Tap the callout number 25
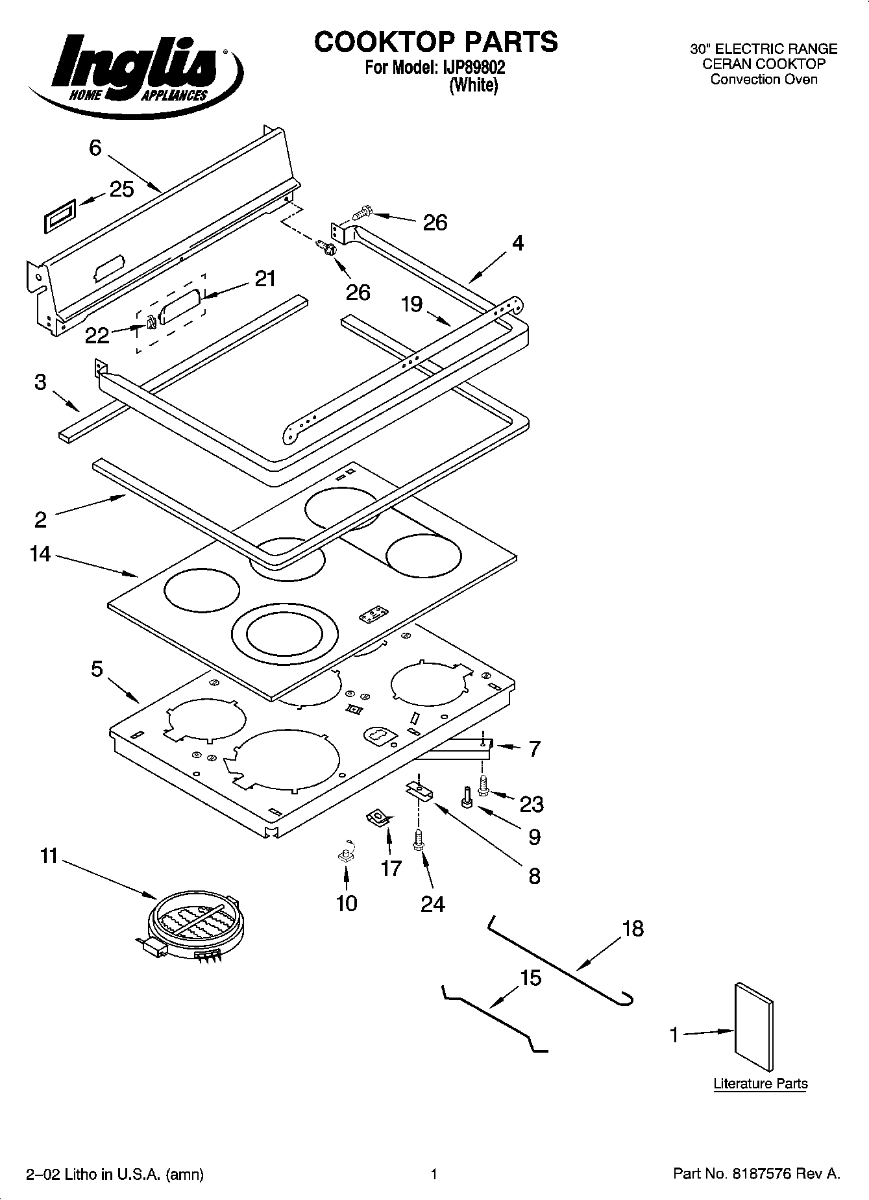pos(121,190)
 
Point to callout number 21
pos(264,278)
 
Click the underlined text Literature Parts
pos(761,1083)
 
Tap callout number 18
pos(633,928)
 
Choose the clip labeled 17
pos(379,817)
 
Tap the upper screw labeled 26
pos(362,212)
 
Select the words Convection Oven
pos(764,79)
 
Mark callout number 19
pos(411,304)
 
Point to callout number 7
pos(534,749)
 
